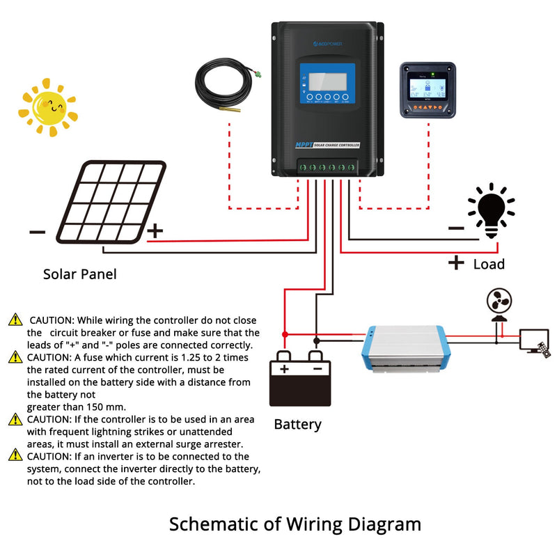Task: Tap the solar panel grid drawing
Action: pos(111,202)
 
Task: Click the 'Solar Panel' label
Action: pos(80,274)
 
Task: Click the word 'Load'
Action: pos(489,264)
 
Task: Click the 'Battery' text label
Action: pos(297,424)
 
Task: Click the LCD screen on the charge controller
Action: pos(326,77)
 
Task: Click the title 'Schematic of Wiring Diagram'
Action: pos(295,524)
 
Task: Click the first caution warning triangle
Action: pos(15,320)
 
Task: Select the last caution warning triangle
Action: pos(15,455)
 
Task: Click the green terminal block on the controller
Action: pos(327,167)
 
